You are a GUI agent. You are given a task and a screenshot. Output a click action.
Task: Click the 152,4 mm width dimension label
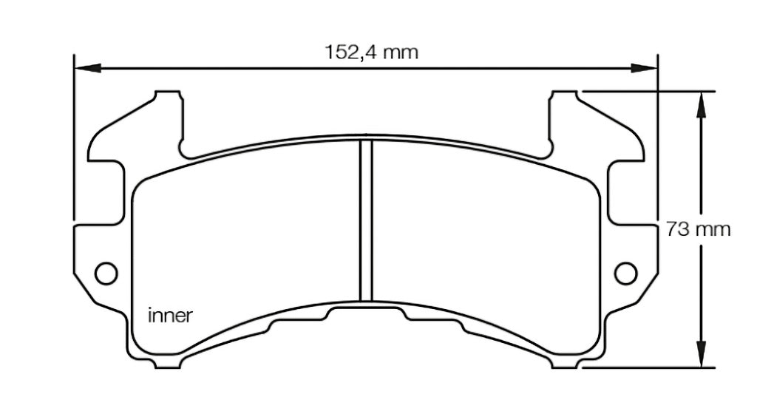coord(371,52)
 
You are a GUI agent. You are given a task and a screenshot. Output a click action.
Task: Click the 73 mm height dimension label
coord(698,228)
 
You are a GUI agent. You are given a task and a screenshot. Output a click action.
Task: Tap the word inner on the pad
coord(171,316)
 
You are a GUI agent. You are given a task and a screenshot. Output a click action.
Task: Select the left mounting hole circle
coord(107,272)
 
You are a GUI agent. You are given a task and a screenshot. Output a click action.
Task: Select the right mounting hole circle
coord(626,272)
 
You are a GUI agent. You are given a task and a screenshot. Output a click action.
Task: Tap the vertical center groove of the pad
coord(365,222)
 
